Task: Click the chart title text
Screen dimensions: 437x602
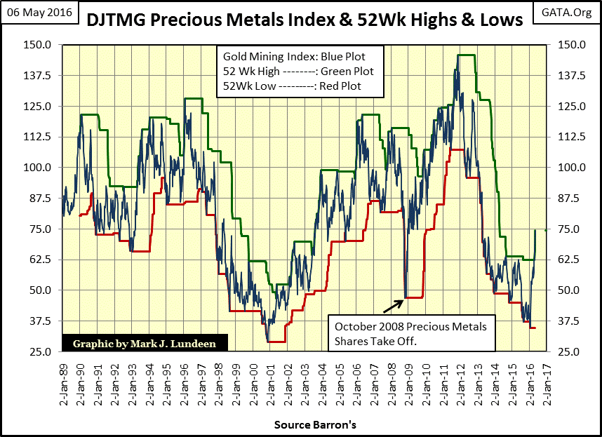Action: click(x=304, y=20)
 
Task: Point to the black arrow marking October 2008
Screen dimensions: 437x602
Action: click(x=392, y=304)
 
